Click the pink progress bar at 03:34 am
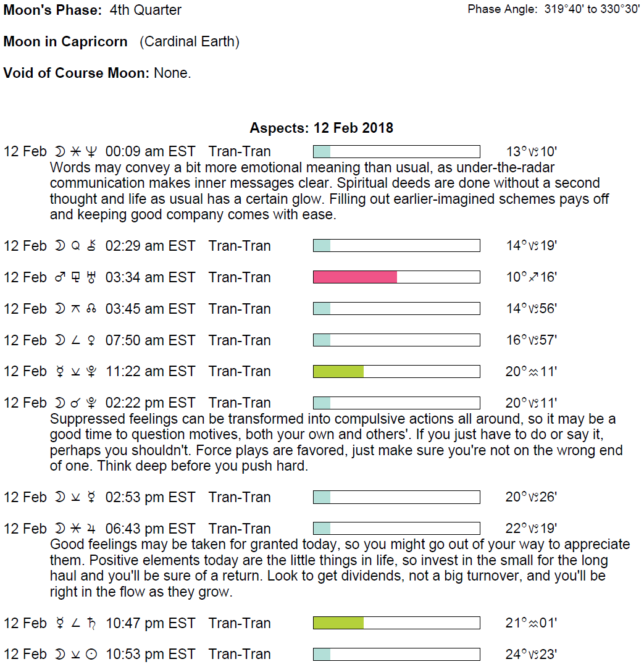tap(355, 277)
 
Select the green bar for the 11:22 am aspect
tap(338, 371)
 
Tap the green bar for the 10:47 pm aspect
tap(338, 623)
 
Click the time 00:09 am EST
tap(150, 151)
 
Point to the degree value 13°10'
tap(531, 151)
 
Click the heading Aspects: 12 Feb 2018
tap(321, 128)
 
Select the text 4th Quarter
tap(146, 10)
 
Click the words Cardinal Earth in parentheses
tap(190, 42)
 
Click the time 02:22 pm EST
tap(150, 403)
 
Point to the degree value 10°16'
tap(531, 277)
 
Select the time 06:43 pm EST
tap(150, 529)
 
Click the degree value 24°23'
tap(531, 655)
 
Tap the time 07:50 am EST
tap(150, 340)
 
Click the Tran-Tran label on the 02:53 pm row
tap(240, 497)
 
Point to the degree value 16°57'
tap(531, 340)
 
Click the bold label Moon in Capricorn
tap(65, 42)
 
